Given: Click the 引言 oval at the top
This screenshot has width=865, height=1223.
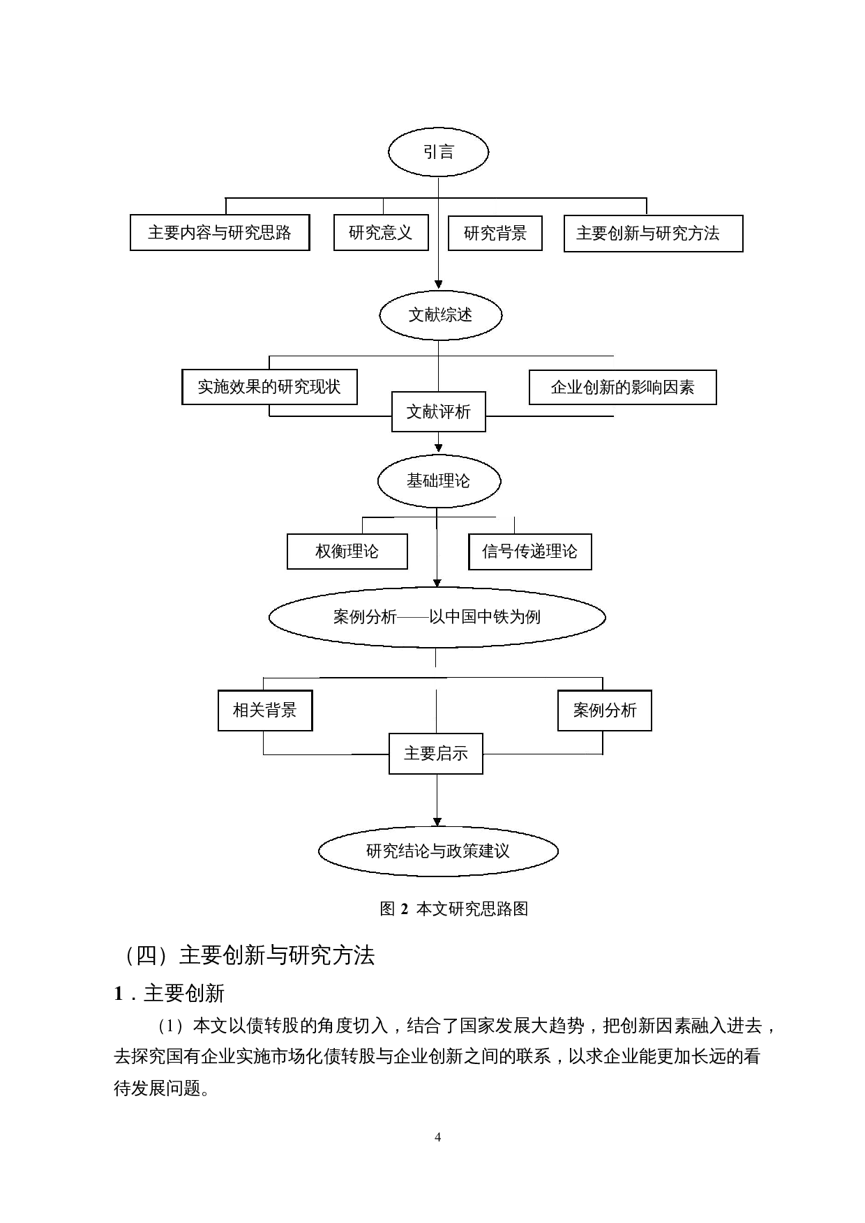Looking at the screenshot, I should pyautogui.click(x=438, y=152).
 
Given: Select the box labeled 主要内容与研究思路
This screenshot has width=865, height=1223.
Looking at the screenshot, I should pyautogui.click(x=220, y=233).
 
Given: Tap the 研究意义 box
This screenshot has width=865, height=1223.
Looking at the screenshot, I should pyautogui.click(x=381, y=233).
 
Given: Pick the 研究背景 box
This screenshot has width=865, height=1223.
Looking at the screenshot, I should pyautogui.click(x=495, y=233).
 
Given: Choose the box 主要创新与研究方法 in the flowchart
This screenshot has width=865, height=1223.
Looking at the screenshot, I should pyautogui.click(x=653, y=233).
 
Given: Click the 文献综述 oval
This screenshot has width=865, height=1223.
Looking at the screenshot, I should pyautogui.click(x=440, y=315).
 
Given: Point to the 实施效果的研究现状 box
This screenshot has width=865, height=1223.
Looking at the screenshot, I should pyautogui.click(x=269, y=387).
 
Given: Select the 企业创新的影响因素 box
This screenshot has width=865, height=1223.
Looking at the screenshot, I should pyautogui.click(x=622, y=388).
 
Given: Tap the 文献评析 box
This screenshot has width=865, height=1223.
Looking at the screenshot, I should pyautogui.click(x=438, y=412).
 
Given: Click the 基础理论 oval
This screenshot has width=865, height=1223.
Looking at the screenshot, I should pyautogui.click(x=439, y=481).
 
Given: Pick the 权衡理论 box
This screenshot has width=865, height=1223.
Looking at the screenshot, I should pyautogui.click(x=347, y=552).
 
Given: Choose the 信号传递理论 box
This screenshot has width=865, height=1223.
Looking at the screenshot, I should pyautogui.click(x=529, y=552).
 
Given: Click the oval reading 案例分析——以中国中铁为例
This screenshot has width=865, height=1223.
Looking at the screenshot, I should pyautogui.click(x=437, y=617).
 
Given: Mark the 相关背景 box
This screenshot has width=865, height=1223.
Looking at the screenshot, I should pyautogui.click(x=265, y=711).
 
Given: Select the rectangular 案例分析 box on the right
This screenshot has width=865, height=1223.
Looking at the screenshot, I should pyautogui.click(x=604, y=711).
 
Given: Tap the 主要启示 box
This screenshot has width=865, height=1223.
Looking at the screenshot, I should pyautogui.click(x=435, y=754).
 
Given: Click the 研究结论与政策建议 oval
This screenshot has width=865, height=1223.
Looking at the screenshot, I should pyautogui.click(x=438, y=851).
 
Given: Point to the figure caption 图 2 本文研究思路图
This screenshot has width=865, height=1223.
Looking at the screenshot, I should pyautogui.click(x=453, y=909).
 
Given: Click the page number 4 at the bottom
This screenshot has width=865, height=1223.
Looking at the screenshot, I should pyautogui.click(x=437, y=1137).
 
